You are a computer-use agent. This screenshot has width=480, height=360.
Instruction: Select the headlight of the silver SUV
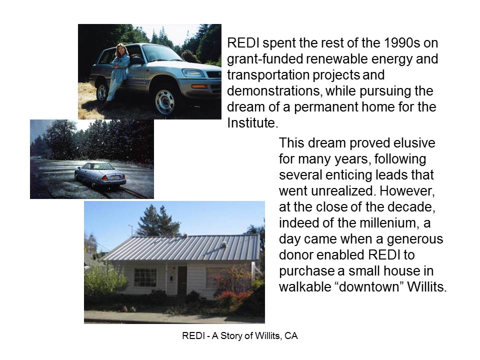point(193,73)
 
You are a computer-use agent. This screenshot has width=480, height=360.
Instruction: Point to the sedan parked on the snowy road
point(100,174)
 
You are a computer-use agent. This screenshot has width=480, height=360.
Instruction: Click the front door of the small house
point(182,280)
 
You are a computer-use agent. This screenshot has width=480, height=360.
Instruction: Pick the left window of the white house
point(145,277)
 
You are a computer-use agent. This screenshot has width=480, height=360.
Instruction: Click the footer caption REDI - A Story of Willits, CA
point(240,336)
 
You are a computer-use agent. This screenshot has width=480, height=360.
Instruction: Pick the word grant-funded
point(265,59)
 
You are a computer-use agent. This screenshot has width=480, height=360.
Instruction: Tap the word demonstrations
point(274,91)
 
